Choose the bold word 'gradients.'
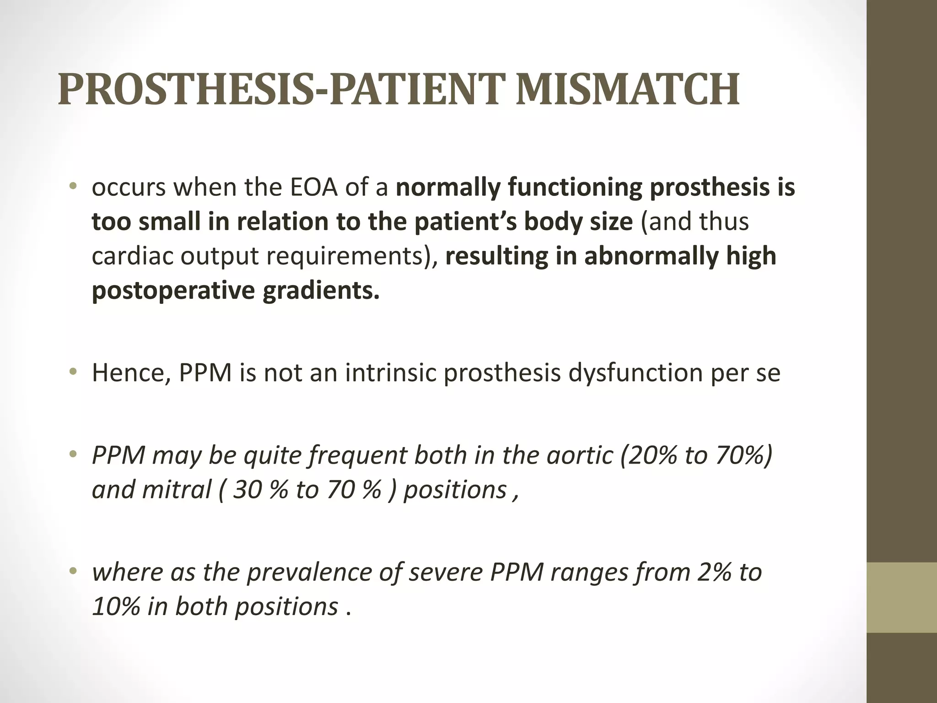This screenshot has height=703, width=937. [x=321, y=291]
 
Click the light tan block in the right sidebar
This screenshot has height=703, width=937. [x=902, y=597]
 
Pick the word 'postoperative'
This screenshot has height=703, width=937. [x=172, y=291]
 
